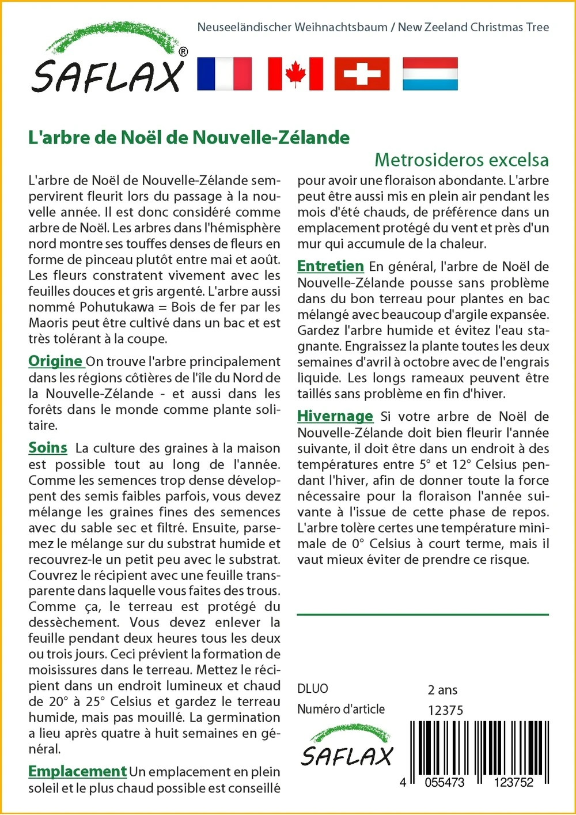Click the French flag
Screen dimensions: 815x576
point(224,74)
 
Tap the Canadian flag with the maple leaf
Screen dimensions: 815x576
point(295,74)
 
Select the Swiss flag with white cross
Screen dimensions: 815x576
point(362,74)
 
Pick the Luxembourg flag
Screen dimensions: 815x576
point(430,74)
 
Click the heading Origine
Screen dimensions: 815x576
point(55,361)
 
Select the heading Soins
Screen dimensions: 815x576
point(48,448)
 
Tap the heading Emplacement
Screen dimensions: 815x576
point(77,771)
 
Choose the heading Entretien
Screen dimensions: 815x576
point(330,266)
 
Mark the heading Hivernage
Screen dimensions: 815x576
point(335,416)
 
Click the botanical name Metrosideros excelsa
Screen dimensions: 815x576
point(461,160)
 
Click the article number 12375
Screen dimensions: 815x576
point(445,711)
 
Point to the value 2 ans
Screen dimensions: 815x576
point(442,690)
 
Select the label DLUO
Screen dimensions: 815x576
point(313,689)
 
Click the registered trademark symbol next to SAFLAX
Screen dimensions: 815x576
point(183,52)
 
